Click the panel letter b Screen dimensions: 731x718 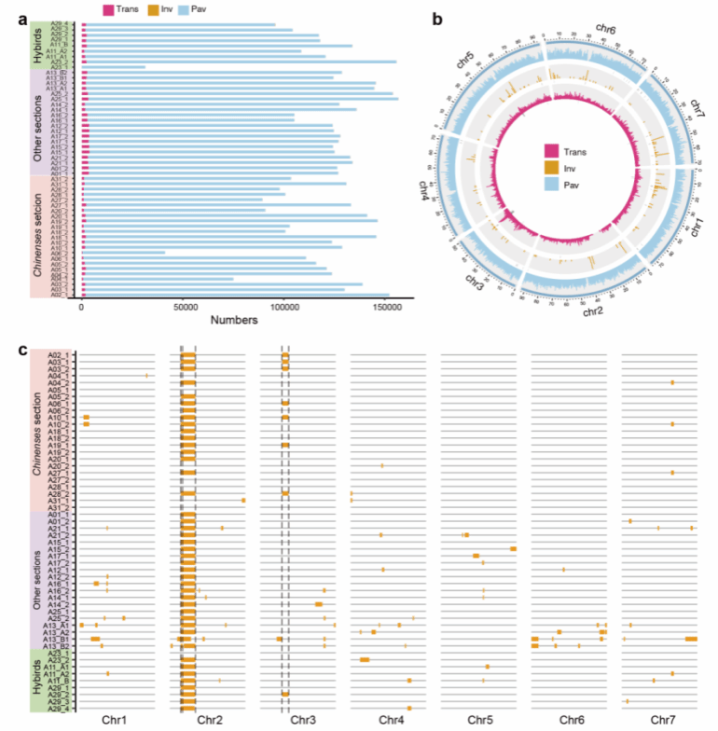pos(437,18)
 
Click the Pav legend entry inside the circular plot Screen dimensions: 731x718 pos(552,186)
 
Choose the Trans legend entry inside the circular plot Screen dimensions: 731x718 pos(552,151)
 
